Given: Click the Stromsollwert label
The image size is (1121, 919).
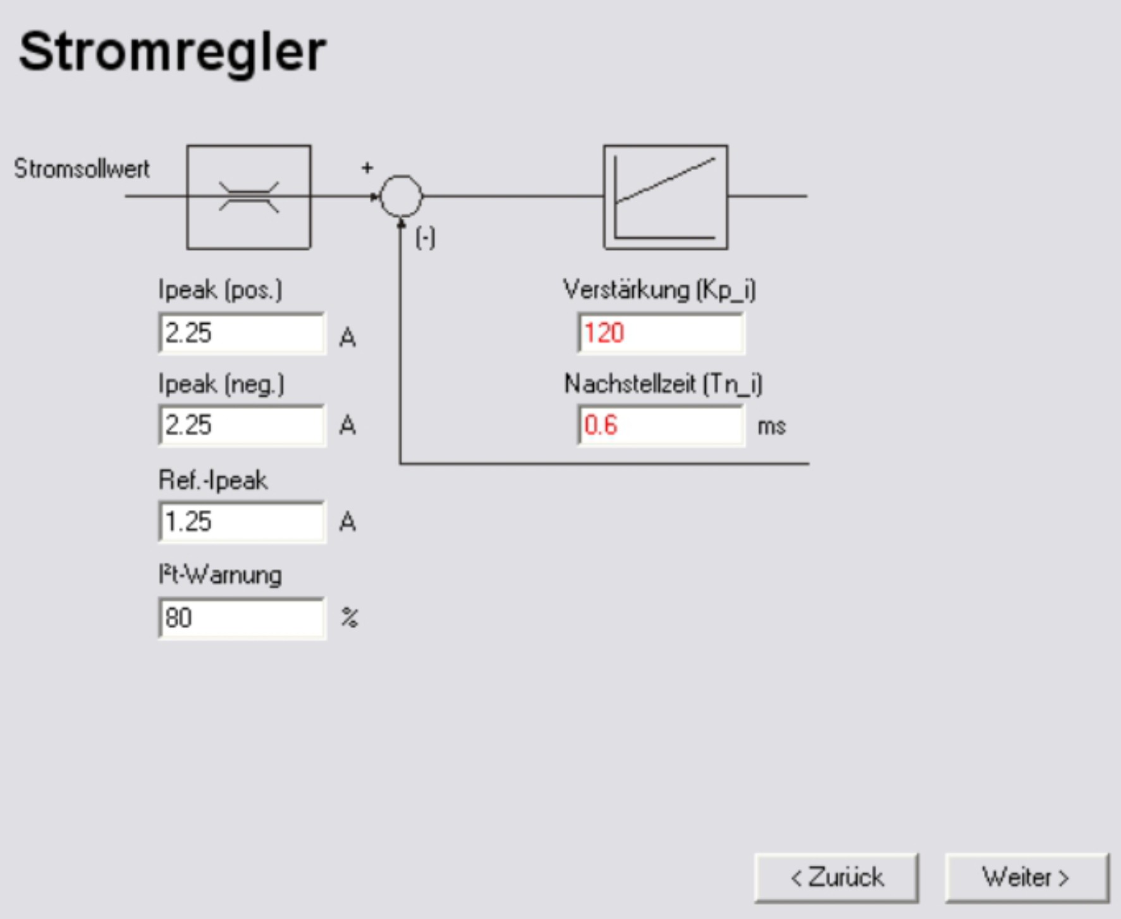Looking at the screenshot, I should (x=82, y=169).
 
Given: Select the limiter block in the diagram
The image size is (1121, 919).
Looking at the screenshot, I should (x=248, y=197).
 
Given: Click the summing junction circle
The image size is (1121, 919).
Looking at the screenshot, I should (x=401, y=196).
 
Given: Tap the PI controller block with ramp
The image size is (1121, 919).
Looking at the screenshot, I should (x=665, y=197).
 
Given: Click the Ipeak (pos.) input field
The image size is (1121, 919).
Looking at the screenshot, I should (x=242, y=333).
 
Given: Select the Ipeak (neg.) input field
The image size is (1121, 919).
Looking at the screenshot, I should (x=242, y=425).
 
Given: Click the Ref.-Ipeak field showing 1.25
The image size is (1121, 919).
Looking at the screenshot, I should (x=242, y=522).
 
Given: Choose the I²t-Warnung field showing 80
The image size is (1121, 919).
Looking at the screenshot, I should (x=242, y=618).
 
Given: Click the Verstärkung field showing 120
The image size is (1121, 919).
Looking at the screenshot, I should (x=661, y=333).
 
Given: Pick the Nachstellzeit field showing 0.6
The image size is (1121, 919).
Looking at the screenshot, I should (x=661, y=425).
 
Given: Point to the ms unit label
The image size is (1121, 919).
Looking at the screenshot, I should (x=771, y=426).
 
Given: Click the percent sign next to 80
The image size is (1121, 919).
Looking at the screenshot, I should (x=349, y=617).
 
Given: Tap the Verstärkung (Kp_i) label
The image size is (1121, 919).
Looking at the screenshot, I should (x=659, y=290).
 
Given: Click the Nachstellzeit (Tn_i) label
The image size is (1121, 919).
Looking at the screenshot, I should (x=663, y=384).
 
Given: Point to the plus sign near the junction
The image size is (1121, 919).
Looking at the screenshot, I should (x=367, y=168).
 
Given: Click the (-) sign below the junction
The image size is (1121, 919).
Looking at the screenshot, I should (x=426, y=238).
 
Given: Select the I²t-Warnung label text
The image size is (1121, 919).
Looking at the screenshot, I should (x=220, y=575).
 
